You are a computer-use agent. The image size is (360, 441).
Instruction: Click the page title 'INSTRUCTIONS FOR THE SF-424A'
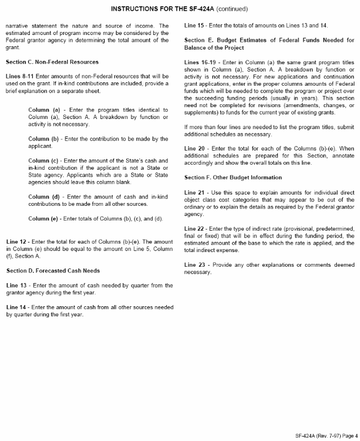[x=163, y=9]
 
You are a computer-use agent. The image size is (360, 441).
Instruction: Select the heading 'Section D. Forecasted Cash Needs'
[x=53, y=271]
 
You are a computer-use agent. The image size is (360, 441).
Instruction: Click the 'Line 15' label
[x=195, y=26]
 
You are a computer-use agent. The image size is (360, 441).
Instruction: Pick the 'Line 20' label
[x=196, y=148]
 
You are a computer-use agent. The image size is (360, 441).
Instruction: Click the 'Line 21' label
[x=195, y=193]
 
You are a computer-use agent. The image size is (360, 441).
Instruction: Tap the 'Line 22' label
[x=195, y=228]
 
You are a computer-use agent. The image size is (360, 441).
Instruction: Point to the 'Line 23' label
[x=195, y=264]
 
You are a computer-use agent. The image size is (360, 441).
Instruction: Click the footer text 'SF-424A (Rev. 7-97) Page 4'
[x=326, y=435]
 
